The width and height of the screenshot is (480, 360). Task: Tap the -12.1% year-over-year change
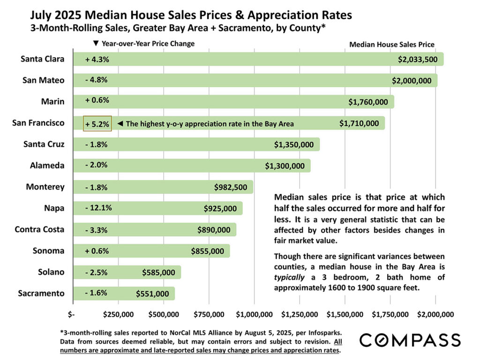click(98, 208)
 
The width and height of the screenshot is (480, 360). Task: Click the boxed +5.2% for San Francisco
click(97, 124)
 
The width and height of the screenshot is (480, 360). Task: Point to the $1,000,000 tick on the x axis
click(254, 313)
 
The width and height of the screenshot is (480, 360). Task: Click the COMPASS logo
click(410, 340)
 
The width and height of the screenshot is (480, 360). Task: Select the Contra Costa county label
click(40, 230)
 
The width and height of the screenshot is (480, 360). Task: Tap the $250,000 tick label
click(117, 313)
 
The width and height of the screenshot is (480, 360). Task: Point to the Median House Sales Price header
click(392, 45)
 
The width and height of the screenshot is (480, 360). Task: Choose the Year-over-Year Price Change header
click(144, 44)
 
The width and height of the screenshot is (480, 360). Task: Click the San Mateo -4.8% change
click(97, 80)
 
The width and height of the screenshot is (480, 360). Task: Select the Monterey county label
click(45, 187)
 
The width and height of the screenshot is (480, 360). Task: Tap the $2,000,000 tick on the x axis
click(435, 313)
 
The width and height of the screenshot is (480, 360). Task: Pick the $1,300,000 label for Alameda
click(285, 165)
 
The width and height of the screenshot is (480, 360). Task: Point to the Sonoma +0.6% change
click(97, 251)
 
